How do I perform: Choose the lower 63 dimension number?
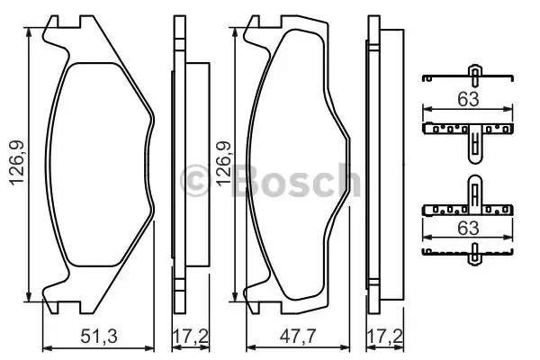(x=466, y=229)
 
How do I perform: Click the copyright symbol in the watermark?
(x=194, y=181)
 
